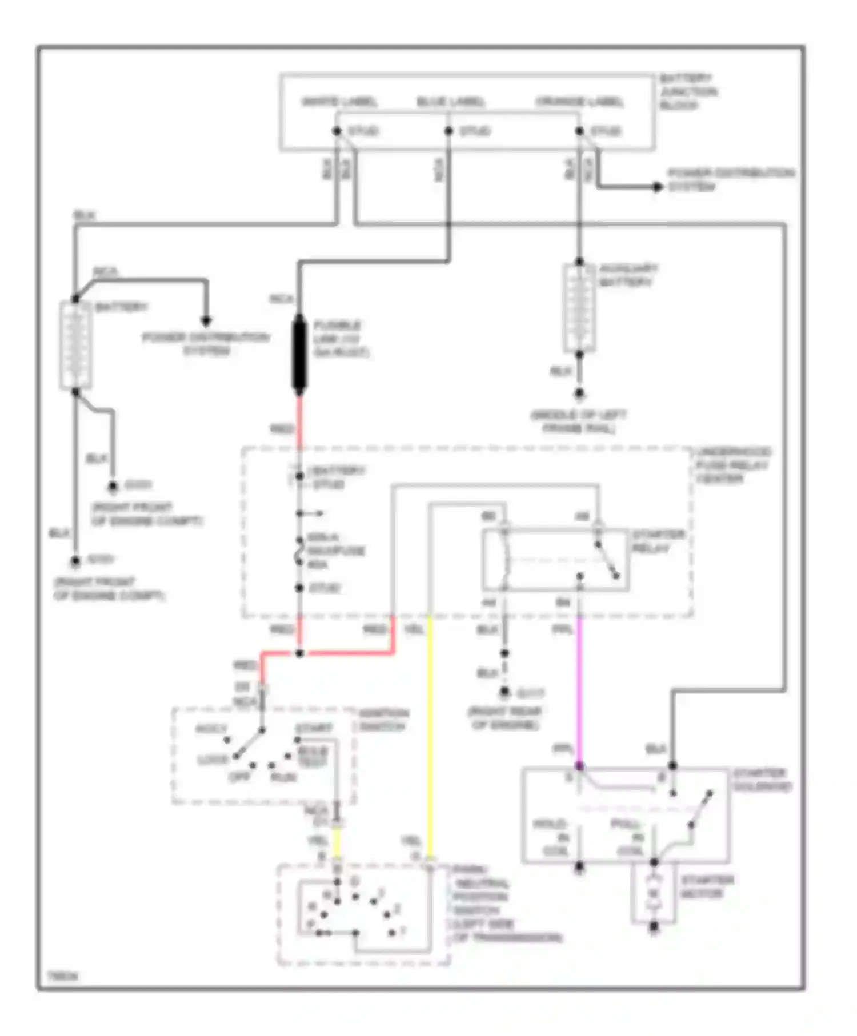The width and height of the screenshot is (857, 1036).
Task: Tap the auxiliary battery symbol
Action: pos(579,308)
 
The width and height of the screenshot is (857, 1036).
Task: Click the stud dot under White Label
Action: pos(337,131)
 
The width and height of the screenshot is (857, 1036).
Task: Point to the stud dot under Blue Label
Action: pos(448,131)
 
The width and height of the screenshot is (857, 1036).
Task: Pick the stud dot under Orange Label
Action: pos(579,131)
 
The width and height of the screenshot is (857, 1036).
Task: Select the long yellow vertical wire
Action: pos(430,737)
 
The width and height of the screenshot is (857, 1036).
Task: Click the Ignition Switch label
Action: pos(383,720)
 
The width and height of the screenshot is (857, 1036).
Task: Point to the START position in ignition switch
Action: pos(313,729)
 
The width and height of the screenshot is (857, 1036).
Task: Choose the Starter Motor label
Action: pos(706,886)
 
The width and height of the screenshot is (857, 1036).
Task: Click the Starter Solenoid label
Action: pos(761,780)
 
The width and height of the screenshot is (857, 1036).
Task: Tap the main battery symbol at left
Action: pos(75,346)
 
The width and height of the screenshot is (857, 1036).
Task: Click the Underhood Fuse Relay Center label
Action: pos(732,465)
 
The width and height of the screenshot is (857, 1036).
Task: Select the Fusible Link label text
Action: pos(339,339)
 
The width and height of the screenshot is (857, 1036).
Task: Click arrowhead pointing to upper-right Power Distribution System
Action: pos(658,187)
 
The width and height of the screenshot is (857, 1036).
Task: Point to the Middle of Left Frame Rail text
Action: pos(578,421)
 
